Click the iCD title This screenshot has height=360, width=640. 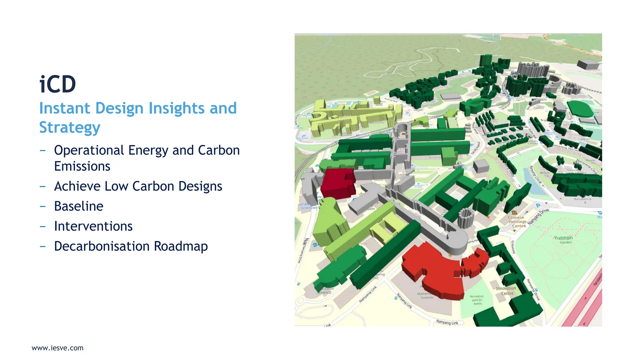point(57,84)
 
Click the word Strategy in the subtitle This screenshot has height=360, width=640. point(70,127)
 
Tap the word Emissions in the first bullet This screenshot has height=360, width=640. point(82,166)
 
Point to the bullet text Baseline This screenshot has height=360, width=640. point(79,206)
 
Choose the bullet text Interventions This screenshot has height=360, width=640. point(93,226)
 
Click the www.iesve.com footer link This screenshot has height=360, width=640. point(57,348)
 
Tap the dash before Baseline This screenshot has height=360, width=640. point(43,206)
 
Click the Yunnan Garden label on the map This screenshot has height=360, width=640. point(563,239)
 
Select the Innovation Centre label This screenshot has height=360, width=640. point(506,291)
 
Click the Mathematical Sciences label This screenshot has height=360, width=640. point(426,296)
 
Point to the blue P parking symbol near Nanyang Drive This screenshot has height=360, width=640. point(538,206)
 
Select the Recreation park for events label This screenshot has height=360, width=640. point(477,300)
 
